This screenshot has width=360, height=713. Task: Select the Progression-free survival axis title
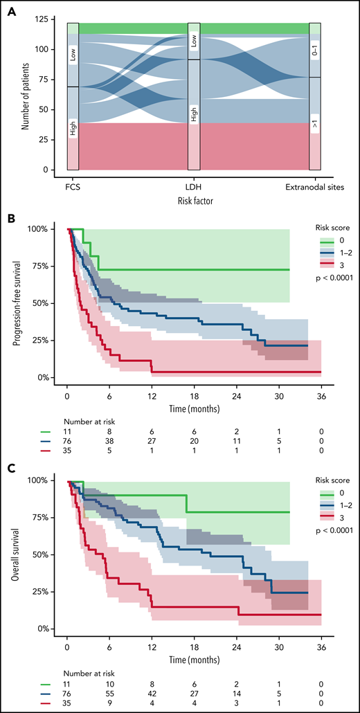(x=24, y=303)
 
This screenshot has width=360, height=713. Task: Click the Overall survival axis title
(x=24, y=554)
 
